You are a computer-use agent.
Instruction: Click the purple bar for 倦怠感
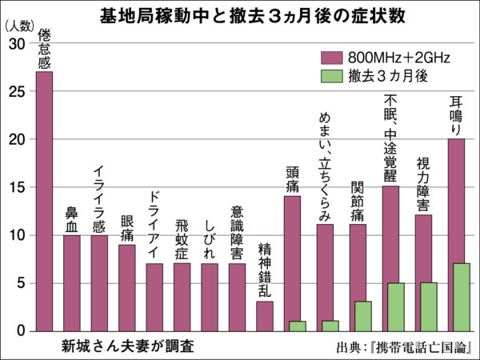coord(45,200)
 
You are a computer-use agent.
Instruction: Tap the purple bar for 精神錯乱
coord(264,316)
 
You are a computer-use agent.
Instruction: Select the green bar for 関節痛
coord(362,316)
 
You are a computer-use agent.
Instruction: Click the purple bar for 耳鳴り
coord(456,200)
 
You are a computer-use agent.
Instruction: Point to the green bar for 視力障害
coord(428,306)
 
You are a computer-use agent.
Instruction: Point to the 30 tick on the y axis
coord(18,44)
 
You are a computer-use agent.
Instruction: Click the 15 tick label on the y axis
coord(18,187)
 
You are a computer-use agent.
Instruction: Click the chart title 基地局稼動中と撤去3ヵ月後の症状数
coord(240,14)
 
